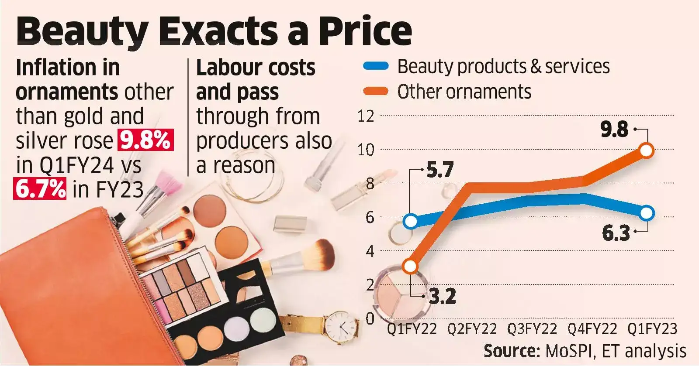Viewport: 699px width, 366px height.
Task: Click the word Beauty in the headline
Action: [x=83, y=31]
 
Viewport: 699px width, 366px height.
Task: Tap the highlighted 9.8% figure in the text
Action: [x=145, y=140]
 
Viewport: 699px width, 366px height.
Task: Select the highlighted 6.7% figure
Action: [x=40, y=189]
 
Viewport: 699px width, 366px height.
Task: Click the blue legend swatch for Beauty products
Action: [x=376, y=66]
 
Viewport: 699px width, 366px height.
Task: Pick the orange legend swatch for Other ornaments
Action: [x=376, y=91]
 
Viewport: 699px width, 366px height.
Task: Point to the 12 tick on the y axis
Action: [x=366, y=116]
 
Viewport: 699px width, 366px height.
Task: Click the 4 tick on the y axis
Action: [x=370, y=251]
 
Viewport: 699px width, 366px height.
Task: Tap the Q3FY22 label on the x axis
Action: [x=532, y=329]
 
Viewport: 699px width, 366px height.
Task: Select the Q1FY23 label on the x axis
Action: [x=652, y=329]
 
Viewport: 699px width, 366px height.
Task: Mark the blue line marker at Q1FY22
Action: [x=411, y=222]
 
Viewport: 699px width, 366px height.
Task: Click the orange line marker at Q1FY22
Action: [x=410, y=266]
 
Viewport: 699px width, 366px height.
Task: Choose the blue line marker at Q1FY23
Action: [x=647, y=213]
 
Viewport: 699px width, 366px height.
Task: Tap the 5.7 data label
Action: [x=439, y=170]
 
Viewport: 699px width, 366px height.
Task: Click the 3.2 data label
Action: [x=442, y=297]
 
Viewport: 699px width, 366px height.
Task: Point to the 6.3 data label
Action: [x=616, y=233]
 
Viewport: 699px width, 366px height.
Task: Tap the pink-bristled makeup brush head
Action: [x=168, y=183]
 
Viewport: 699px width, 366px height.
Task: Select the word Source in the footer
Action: [x=511, y=351]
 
